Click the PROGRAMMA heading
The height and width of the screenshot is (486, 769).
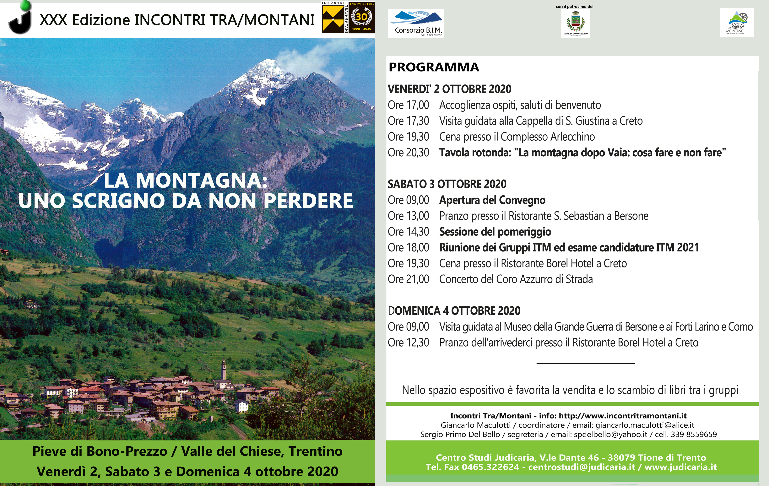tap(434, 67)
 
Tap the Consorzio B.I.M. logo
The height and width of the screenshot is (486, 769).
tap(416, 24)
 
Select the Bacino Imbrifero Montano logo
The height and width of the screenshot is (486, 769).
tap(737, 23)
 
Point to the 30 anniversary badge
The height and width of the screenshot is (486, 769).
tap(361, 18)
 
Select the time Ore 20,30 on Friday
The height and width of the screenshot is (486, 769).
tap(409, 153)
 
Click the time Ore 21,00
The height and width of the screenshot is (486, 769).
tap(409, 279)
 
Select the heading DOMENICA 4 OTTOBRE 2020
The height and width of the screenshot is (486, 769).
tap(454, 311)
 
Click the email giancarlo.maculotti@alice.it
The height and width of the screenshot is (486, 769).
tap(645, 425)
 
